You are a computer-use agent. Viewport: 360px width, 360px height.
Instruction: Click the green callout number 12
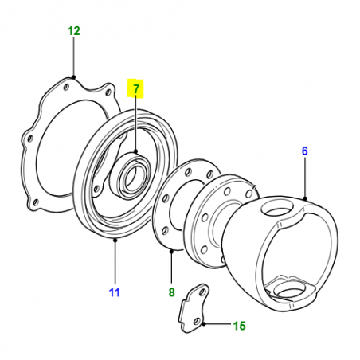74,31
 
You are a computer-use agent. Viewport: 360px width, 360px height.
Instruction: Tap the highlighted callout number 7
136,88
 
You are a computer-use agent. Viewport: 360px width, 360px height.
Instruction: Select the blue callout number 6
304,151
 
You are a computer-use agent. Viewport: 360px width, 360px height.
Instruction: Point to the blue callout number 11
115,292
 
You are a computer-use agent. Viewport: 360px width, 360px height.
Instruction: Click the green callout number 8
172,292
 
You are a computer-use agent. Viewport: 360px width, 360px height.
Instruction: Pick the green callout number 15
240,326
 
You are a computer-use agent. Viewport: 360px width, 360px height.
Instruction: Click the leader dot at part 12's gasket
74,77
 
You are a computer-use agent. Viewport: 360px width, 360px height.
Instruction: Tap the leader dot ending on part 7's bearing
136,151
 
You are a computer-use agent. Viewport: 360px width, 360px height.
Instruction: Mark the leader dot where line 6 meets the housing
305,198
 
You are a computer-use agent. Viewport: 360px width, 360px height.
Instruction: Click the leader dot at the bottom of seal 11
115,241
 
